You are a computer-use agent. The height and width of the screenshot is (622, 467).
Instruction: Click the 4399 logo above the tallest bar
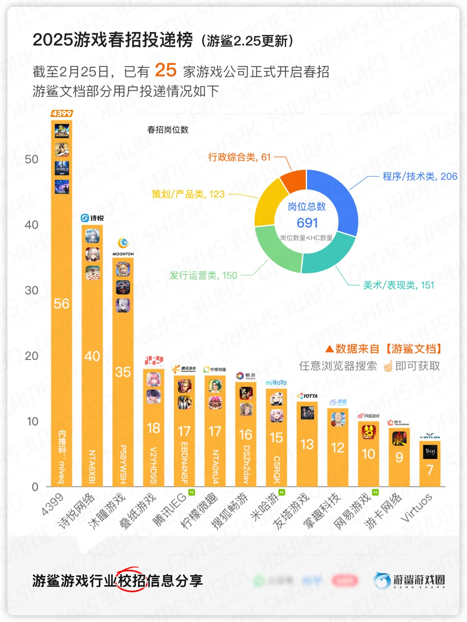pyautogui.click(x=62, y=114)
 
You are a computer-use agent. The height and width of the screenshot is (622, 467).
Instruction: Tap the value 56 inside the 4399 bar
pyautogui.click(x=61, y=304)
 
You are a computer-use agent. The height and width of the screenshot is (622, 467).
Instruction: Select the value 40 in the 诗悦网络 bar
pyautogui.click(x=92, y=356)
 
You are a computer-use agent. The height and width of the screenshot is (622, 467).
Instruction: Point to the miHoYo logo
pyautogui.click(x=276, y=383)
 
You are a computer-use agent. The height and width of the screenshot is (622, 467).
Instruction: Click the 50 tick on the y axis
pyautogui.click(x=32, y=159)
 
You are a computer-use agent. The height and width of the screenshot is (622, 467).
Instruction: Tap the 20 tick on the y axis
pyautogui.click(x=32, y=356)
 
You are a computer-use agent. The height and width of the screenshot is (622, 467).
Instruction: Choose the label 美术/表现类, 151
pyautogui.click(x=398, y=285)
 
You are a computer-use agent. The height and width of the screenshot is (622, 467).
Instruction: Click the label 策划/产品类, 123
pyautogui.click(x=188, y=194)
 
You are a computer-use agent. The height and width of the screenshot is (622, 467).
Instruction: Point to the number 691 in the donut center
pyautogui.click(x=307, y=223)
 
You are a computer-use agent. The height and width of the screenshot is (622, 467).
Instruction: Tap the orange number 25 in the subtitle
pyautogui.click(x=166, y=70)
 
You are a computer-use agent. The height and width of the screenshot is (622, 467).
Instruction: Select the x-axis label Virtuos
pyautogui.click(x=416, y=508)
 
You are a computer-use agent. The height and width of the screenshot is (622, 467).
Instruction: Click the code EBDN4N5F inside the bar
pyautogui.click(x=184, y=463)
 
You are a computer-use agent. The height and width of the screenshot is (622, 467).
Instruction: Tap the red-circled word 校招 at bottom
pyautogui.click(x=132, y=581)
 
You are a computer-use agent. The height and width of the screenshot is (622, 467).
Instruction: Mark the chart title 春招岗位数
pyautogui.click(x=168, y=130)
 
